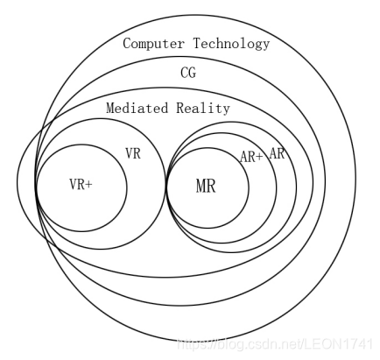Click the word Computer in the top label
tap(150, 43)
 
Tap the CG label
tap(188, 73)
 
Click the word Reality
tap(203, 109)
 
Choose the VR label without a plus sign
tap(133, 154)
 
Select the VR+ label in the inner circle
tap(81, 185)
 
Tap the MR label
tap(206, 186)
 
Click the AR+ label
tap(252, 157)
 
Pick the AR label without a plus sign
tap(278, 153)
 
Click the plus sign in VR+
tap(89, 185)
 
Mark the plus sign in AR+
tap(260, 157)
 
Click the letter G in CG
tap(192, 73)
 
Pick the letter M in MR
tap(201, 186)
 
